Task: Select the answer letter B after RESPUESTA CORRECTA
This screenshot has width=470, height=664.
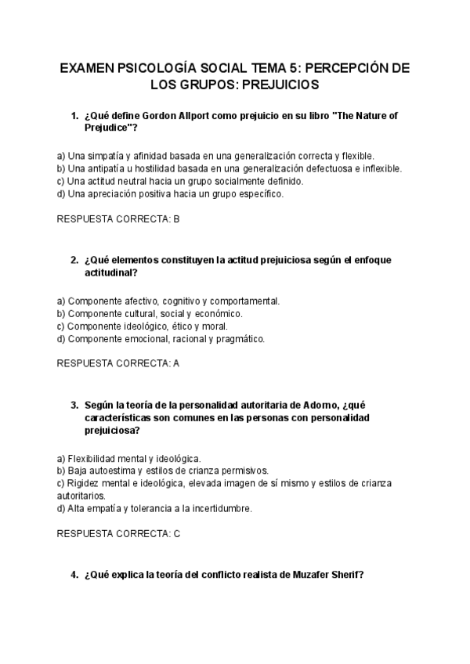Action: coord(176,219)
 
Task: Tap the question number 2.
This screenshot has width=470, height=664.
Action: coord(74,260)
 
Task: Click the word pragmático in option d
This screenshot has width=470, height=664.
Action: coord(239,339)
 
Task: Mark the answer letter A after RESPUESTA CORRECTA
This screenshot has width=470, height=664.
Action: coord(176,363)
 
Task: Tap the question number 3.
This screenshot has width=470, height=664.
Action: coord(74,405)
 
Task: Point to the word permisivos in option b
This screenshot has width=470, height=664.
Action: coord(243,471)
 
